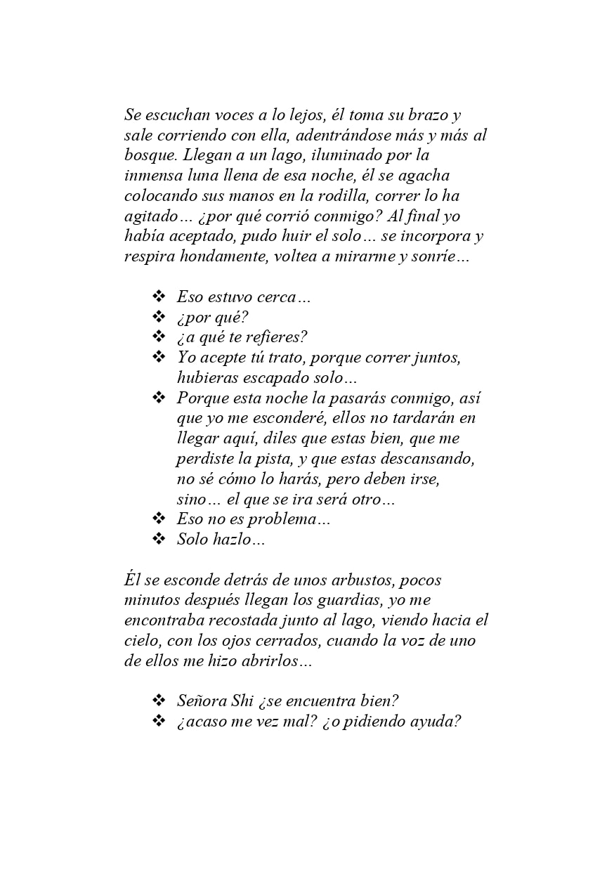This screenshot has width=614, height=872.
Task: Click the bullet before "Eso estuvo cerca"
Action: [158, 297]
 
